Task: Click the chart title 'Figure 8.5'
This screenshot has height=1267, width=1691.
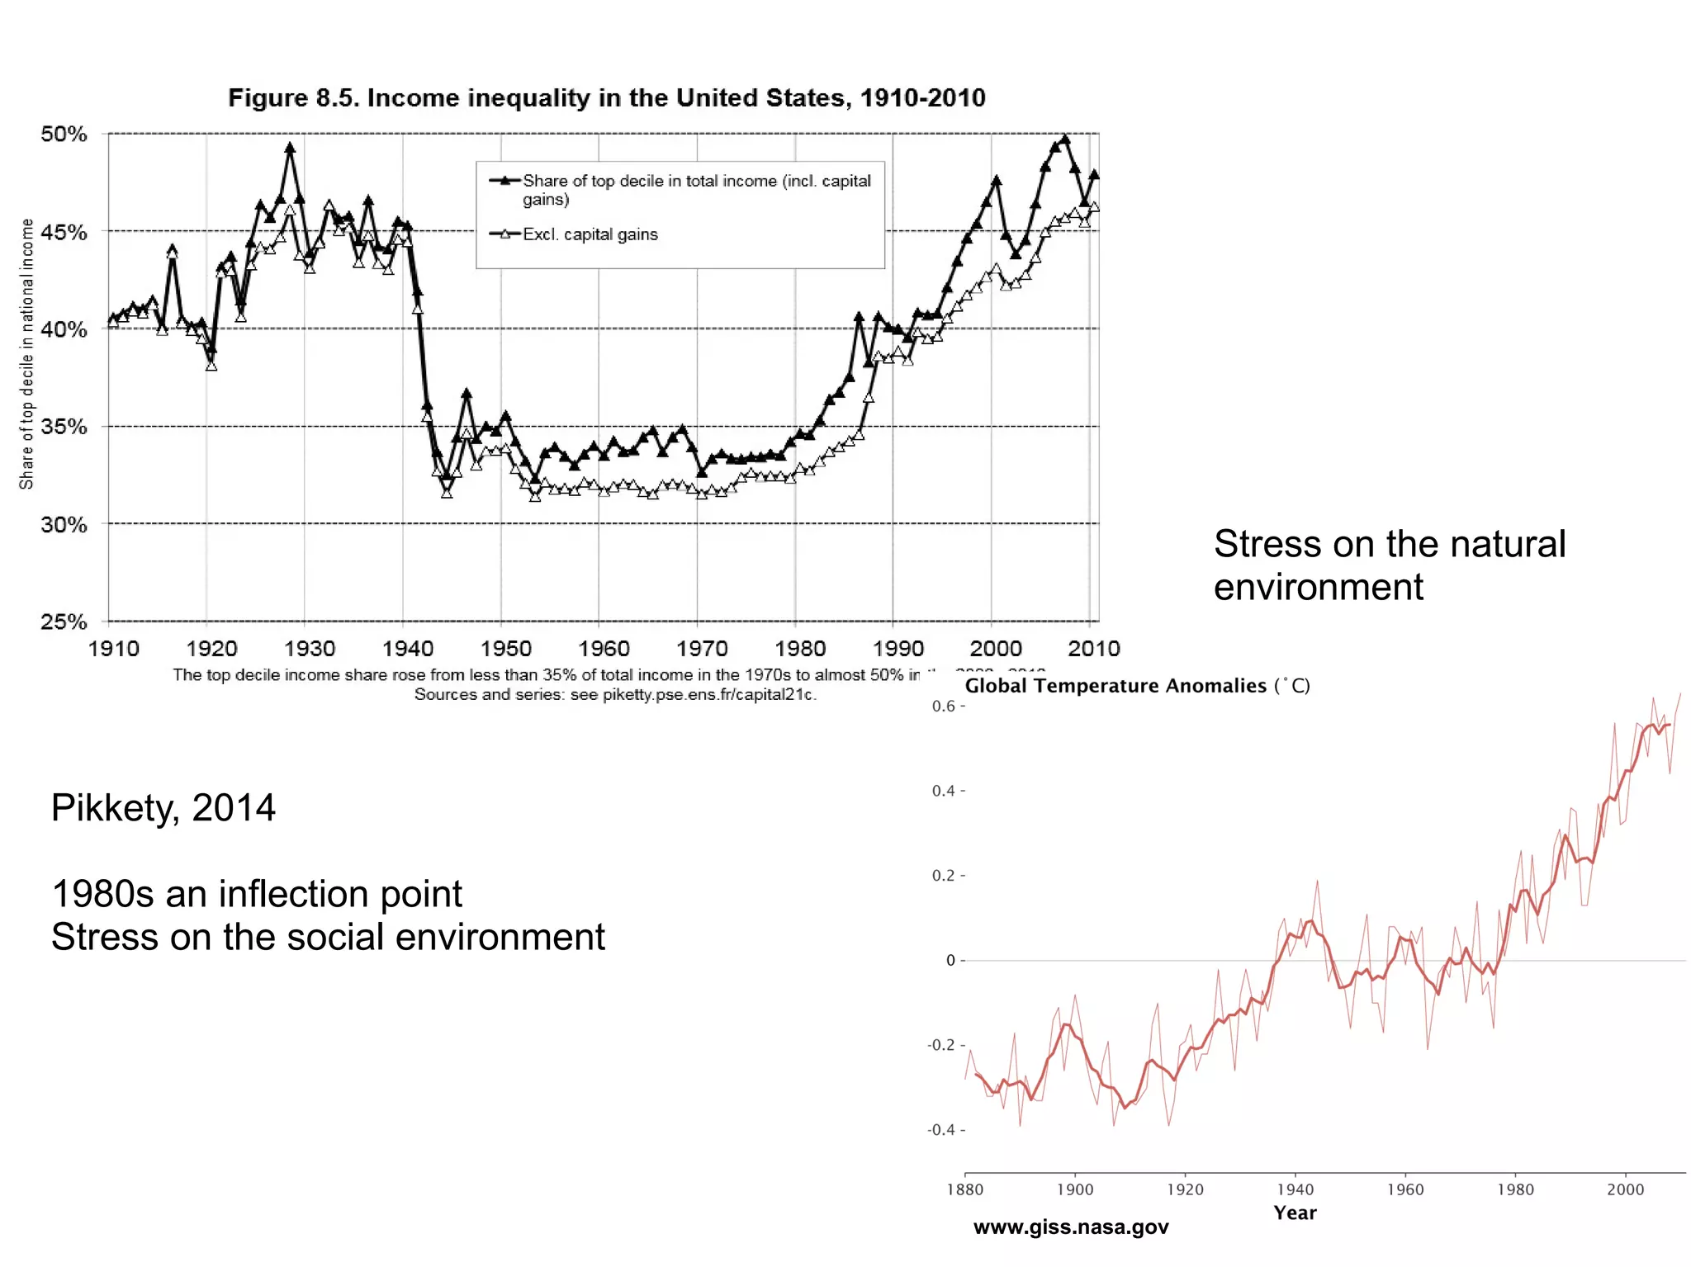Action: pyautogui.click(x=606, y=98)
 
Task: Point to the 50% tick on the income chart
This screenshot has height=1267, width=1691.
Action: pyautogui.click(x=64, y=134)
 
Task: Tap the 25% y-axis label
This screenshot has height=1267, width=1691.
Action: pyautogui.click(x=64, y=622)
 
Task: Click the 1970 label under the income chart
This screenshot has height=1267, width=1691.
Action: pyautogui.click(x=702, y=649)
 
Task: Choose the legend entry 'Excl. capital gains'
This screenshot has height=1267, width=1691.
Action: pyautogui.click(x=590, y=234)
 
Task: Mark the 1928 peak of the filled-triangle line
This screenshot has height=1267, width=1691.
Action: pyautogui.click(x=290, y=148)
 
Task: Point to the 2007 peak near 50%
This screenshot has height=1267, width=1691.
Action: pyautogui.click(x=1065, y=139)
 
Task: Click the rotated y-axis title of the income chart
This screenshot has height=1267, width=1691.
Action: pyautogui.click(x=26, y=353)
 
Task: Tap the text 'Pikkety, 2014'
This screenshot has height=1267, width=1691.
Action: pyautogui.click(x=163, y=807)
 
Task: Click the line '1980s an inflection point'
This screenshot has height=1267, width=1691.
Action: pyautogui.click(x=256, y=894)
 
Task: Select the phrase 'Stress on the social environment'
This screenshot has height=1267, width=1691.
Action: pyautogui.click(x=328, y=937)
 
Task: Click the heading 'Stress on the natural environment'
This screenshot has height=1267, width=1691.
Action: pyautogui.click(x=1389, y=565)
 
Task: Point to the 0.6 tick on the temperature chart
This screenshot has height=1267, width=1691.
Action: pyautogui.click(x=945, y=707)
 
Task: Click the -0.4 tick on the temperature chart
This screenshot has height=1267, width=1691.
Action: pyautogui.click(x=942, y=1130)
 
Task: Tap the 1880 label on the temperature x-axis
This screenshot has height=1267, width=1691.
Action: pyautogui.click(x=964, y=1189)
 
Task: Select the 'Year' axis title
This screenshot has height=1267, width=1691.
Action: pyautogui.click(x=1295, y=1213)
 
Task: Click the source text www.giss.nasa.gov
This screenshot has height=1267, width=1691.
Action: pyautogui.click(x=1071, y=1227)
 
